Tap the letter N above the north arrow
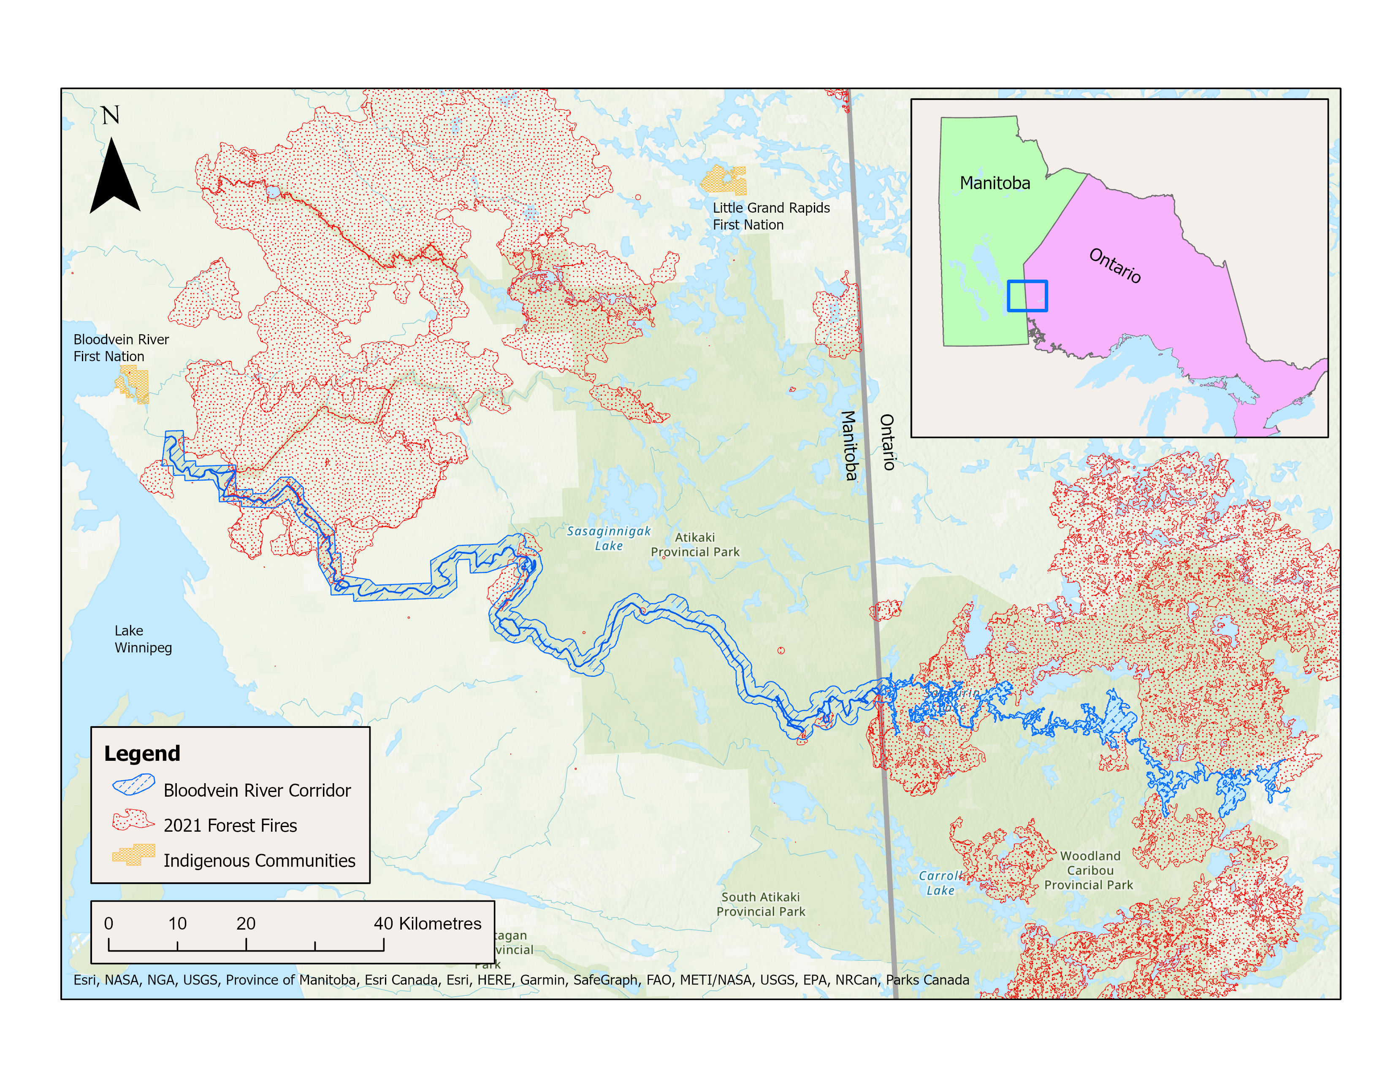click(x=110, y=115)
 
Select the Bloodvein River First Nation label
click(x=121, y=347)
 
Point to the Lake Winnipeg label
click(x=143, y=639)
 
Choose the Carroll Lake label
click(x=940, y=883)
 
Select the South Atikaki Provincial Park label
click(x=760, y=904)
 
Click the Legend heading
click(x=142, y=754)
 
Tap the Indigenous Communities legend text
click(x=259, y=860)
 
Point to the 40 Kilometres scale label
click(x=427, y=924)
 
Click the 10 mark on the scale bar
click(x=177, y=924)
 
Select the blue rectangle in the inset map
click(x=1027, y=296)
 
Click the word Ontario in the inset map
click(x=1114, y=265)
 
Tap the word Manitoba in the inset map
click(x=995, y=184)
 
